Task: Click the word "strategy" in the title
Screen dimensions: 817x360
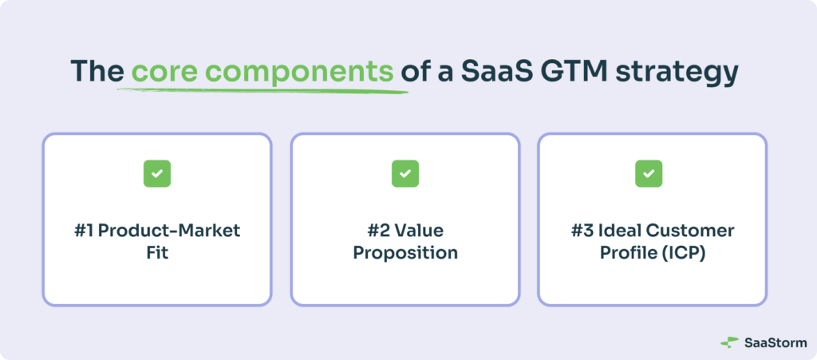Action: pyautogui.click(x=677, y=73)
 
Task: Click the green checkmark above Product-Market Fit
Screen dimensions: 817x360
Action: pyautogui.click(x=157, y=173)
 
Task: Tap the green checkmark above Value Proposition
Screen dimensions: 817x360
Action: pyautogui.click(x=405, y=173)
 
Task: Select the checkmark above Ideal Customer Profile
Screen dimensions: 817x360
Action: pyautogui.click(x=649, y=173)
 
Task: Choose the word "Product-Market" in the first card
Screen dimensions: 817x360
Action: pyautogui.click(x=169, y=231)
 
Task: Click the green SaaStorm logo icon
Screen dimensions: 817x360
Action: pyautogui.click(x=729, y=342)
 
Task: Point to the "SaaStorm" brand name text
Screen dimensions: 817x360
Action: pyautogui.click(x=776, y=342)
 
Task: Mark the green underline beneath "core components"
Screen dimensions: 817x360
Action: pyautogui.click(x=262, y=91)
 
